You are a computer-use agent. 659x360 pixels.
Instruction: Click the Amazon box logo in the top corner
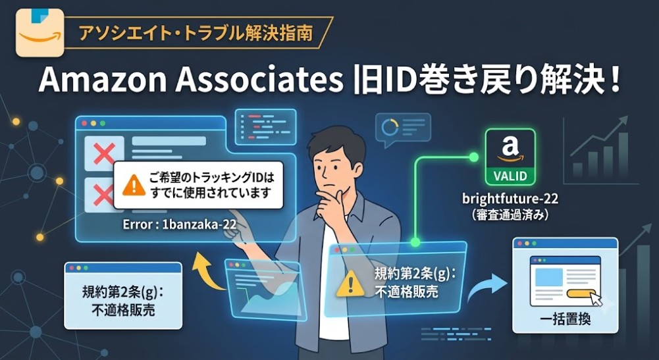point(40,33)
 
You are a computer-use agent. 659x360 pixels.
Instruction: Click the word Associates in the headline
point(259,80)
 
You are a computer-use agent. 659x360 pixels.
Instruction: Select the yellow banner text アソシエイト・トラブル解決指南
point(196,34)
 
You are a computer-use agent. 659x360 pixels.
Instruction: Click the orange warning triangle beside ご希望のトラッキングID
point(134,185)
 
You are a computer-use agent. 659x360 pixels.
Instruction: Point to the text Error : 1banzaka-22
point(180,224)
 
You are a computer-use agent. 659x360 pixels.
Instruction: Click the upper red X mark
point(104,153)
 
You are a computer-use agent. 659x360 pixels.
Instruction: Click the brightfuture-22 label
point(510,199)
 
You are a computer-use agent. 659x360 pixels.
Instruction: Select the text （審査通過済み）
point(510,215)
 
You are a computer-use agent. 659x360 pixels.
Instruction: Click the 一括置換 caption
point(565,319)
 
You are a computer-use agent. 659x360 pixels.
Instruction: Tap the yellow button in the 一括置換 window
point(581,294)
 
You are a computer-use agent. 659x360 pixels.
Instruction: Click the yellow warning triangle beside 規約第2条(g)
point(350,284)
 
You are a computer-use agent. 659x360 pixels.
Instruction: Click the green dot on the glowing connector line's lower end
point(415,242)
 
